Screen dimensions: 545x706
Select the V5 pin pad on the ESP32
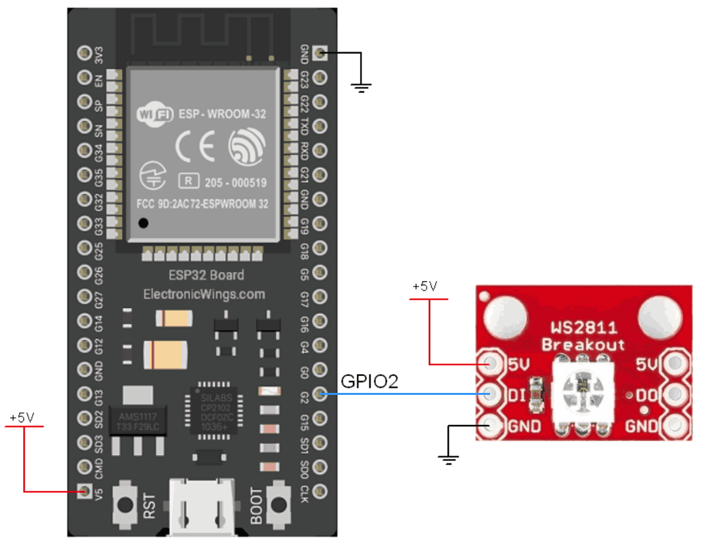pyautogui.click(x=84, y=490)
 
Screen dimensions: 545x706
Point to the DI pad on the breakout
pyautogui.click(x=490, y=394)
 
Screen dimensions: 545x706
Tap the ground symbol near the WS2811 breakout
pyautogui.click(x=448, y=459)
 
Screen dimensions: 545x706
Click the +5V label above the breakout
pyautogui.click(x=425, y=287)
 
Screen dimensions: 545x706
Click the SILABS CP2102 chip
pyautogui.click(x=214, y=410)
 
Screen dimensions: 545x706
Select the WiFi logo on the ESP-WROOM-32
pyautogui.click(x=154, y=114)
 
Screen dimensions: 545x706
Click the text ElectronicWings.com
pyautogui.click(x=204, y=294)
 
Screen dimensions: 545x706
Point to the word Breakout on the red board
pyautogui.click(x=583, y=345)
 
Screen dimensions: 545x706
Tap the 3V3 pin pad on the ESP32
pyautogui.click(x=84, y=52)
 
